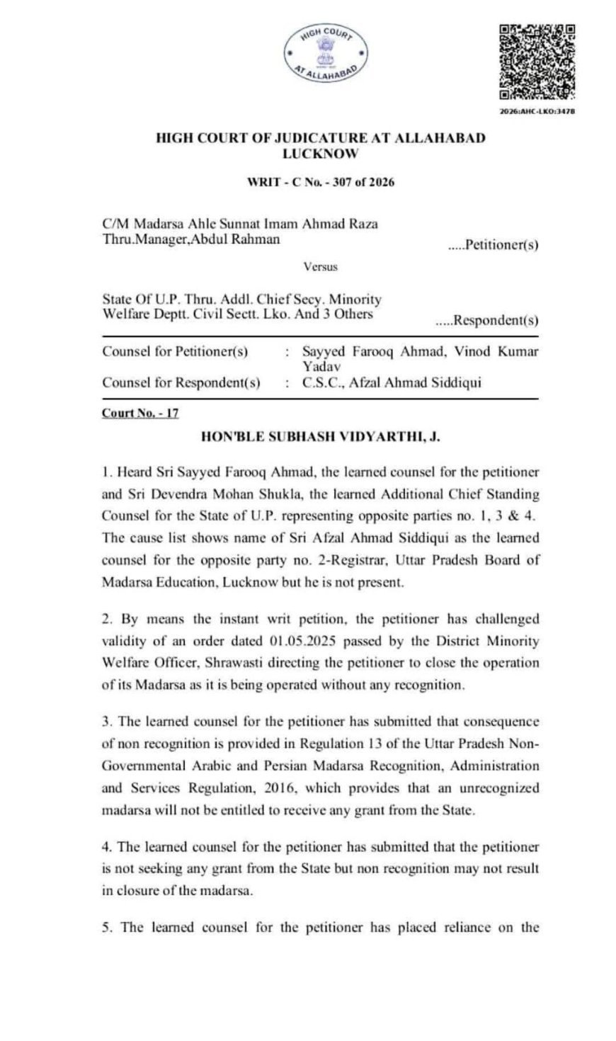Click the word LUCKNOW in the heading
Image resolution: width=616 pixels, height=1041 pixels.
[321, 152]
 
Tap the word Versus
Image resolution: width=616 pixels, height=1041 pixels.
[320, 267]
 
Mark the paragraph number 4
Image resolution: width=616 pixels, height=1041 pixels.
[106, 846]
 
